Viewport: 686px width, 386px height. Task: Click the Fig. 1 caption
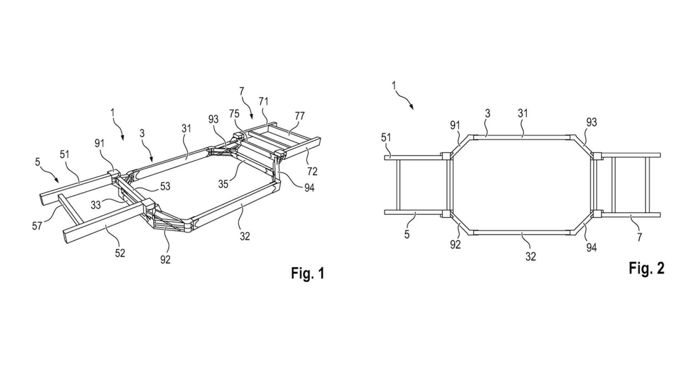[x=307, y=273]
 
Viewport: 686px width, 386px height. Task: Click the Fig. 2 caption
[x=647, y=268]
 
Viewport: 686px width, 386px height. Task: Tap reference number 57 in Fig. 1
[x=37, y=226]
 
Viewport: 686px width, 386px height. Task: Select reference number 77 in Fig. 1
[x=300, y=116]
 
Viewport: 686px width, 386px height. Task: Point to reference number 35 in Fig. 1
[x=223, y=184]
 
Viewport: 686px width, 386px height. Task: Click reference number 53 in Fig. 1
[x=165, y=186]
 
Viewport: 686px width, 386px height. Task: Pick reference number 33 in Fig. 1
[x=96, y=205]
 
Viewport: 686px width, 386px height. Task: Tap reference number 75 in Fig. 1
[x=235, y=114]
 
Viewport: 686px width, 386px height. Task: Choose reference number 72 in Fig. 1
[x=312, y=172]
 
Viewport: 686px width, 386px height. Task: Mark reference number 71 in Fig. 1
[x=263, y=102]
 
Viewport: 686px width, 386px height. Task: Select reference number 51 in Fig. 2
[x=386, y=137]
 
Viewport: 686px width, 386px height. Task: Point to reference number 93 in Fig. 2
[x=592, y=122]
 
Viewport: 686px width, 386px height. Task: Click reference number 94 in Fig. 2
[x=592, y=247]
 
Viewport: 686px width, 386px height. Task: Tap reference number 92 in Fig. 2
[x=456, y=245]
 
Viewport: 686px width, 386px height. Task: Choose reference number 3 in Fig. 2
[x=488, y=113]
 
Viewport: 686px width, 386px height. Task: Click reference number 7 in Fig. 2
[x=639, y=237]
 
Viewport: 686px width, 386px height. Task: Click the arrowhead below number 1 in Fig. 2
[x=412, y=107]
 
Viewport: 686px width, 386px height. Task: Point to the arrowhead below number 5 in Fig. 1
[x=57, y=179]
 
